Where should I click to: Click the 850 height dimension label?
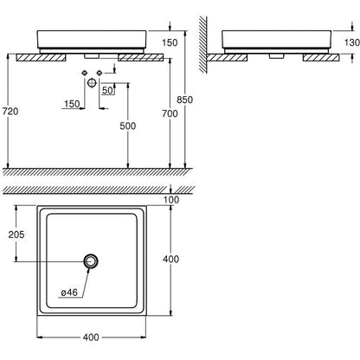pyautogui.click(x=184, y=100)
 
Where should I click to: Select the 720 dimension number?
pyautogui.click(x=10, y=112)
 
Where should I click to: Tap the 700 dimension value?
pyautogui.click(x=170, y=114)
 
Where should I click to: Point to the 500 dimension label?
pyautogui.click(x=128, y=126)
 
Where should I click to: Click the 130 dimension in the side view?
pyautogui.click(x=352, y=42)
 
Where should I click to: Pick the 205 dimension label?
pyautogui.click(x=16, y=235)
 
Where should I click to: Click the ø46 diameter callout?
pyautogui.click(x=69, y=292)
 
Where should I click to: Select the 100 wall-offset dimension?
pyautogui.click(x=171, y=200)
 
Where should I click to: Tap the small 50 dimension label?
pyautogui.click(x=107, y=91)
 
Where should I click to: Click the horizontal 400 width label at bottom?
pyautogui.click(x=91, y=337)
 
